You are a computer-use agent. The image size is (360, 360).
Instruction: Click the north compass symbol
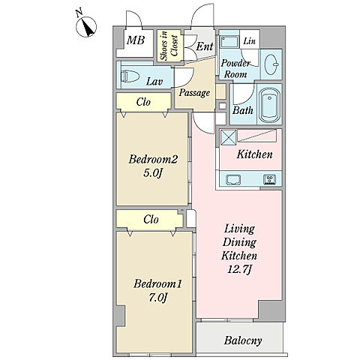pos(86,26)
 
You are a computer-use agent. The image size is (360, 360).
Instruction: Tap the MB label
pos(136,40)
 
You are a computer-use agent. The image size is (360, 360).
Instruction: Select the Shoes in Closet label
pos(169,46)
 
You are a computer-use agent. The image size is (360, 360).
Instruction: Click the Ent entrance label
pos(205,46)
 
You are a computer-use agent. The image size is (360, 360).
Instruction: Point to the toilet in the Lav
pos(130,76)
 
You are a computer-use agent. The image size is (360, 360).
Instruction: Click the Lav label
pos(154,81)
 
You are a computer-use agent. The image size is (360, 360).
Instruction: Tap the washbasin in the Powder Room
pos(271,64)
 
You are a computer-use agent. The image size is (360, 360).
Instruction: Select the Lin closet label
pos(249,40)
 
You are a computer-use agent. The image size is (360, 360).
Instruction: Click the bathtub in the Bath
pos(269,104)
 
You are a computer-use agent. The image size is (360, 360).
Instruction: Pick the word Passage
pos(194,93)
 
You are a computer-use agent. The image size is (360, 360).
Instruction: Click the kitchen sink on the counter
pos(233,179)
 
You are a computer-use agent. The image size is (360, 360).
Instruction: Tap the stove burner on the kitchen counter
pos(269,179)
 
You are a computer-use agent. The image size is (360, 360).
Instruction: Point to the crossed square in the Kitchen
pos(229,137)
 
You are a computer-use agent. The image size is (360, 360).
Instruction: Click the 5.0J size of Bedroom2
pos(153,173)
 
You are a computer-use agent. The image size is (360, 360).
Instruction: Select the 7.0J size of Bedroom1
pos(157,298)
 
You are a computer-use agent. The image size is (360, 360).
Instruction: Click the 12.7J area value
pos(239,269)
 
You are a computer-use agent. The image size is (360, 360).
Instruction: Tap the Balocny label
pos(243,340)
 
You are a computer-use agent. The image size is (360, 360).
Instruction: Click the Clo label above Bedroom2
pos(143,102)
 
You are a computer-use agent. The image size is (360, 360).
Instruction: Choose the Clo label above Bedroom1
pos(151,220)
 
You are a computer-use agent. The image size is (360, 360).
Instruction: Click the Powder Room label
pos(235,69)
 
